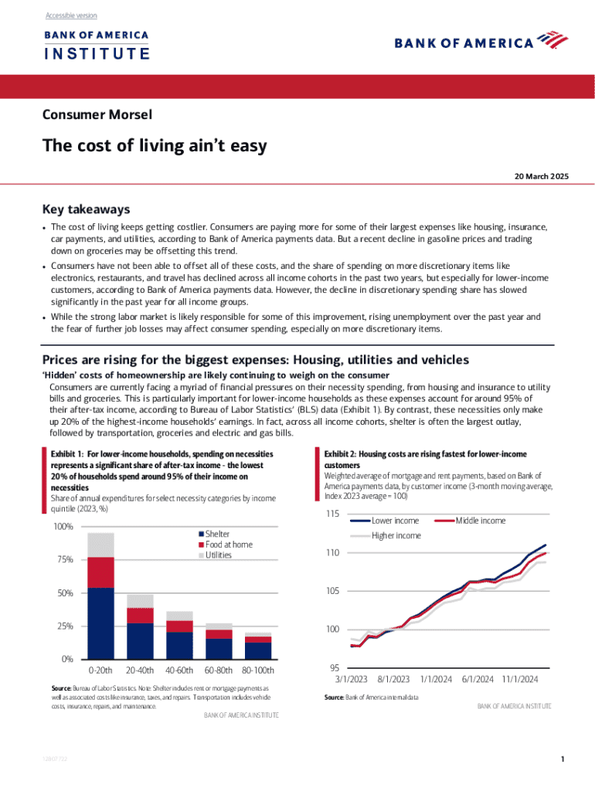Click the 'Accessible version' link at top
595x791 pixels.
(x=71, y=15)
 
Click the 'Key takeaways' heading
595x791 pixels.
(x=86, y=210)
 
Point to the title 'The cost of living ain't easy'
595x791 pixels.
(x=154, y=146)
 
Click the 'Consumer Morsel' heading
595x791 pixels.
(x=97, y=115)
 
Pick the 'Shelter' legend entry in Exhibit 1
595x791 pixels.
(x=219, y=534)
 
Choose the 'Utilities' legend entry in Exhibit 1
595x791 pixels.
(x=218, y=555)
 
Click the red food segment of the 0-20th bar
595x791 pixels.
(x=101, y=572)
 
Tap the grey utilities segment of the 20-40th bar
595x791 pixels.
(x=140, y=601)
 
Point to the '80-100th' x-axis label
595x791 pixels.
(x=258, y=670)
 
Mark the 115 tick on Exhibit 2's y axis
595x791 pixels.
(x=334, y=514)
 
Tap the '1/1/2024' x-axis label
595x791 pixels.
(x=436, y=679)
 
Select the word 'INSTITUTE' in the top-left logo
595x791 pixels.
(x=96, y=53)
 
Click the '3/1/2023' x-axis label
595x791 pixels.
(x=351, y=679)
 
